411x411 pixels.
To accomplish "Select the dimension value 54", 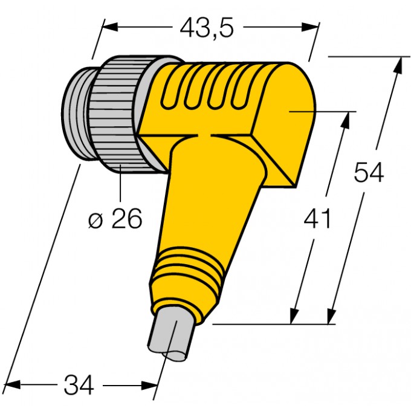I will pos(369,173).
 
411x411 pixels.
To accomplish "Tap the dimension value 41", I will pos(317,219).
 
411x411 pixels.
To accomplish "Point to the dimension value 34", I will pos(79,385).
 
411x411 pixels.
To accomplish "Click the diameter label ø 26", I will pos(115,219).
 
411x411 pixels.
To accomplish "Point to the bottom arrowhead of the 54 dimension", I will pos(331,316).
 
